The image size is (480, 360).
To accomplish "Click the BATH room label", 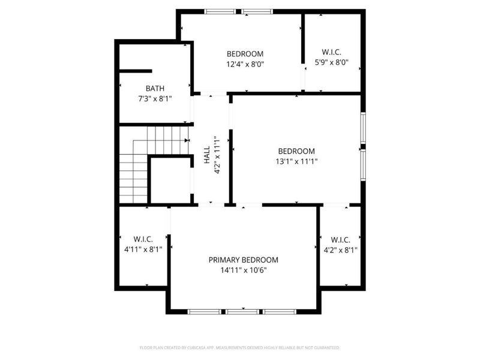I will coord(155,88).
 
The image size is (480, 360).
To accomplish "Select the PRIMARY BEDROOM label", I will coord(244,260).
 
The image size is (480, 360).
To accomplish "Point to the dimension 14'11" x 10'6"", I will coord(244,270).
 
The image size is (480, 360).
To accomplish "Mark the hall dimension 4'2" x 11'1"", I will coord(218,155).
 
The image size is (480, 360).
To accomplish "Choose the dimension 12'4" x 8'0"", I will coord(245,64).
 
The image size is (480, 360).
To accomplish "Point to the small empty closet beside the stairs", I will coord(170,180).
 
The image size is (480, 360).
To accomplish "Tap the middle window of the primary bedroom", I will coord(242,311).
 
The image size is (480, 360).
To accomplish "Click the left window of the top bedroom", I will coord(220,11).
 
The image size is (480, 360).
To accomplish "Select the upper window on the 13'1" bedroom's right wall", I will coord(363,127).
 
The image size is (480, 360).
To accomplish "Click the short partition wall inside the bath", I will coord(135,71).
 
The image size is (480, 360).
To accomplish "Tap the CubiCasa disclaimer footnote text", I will coord(240,347).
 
